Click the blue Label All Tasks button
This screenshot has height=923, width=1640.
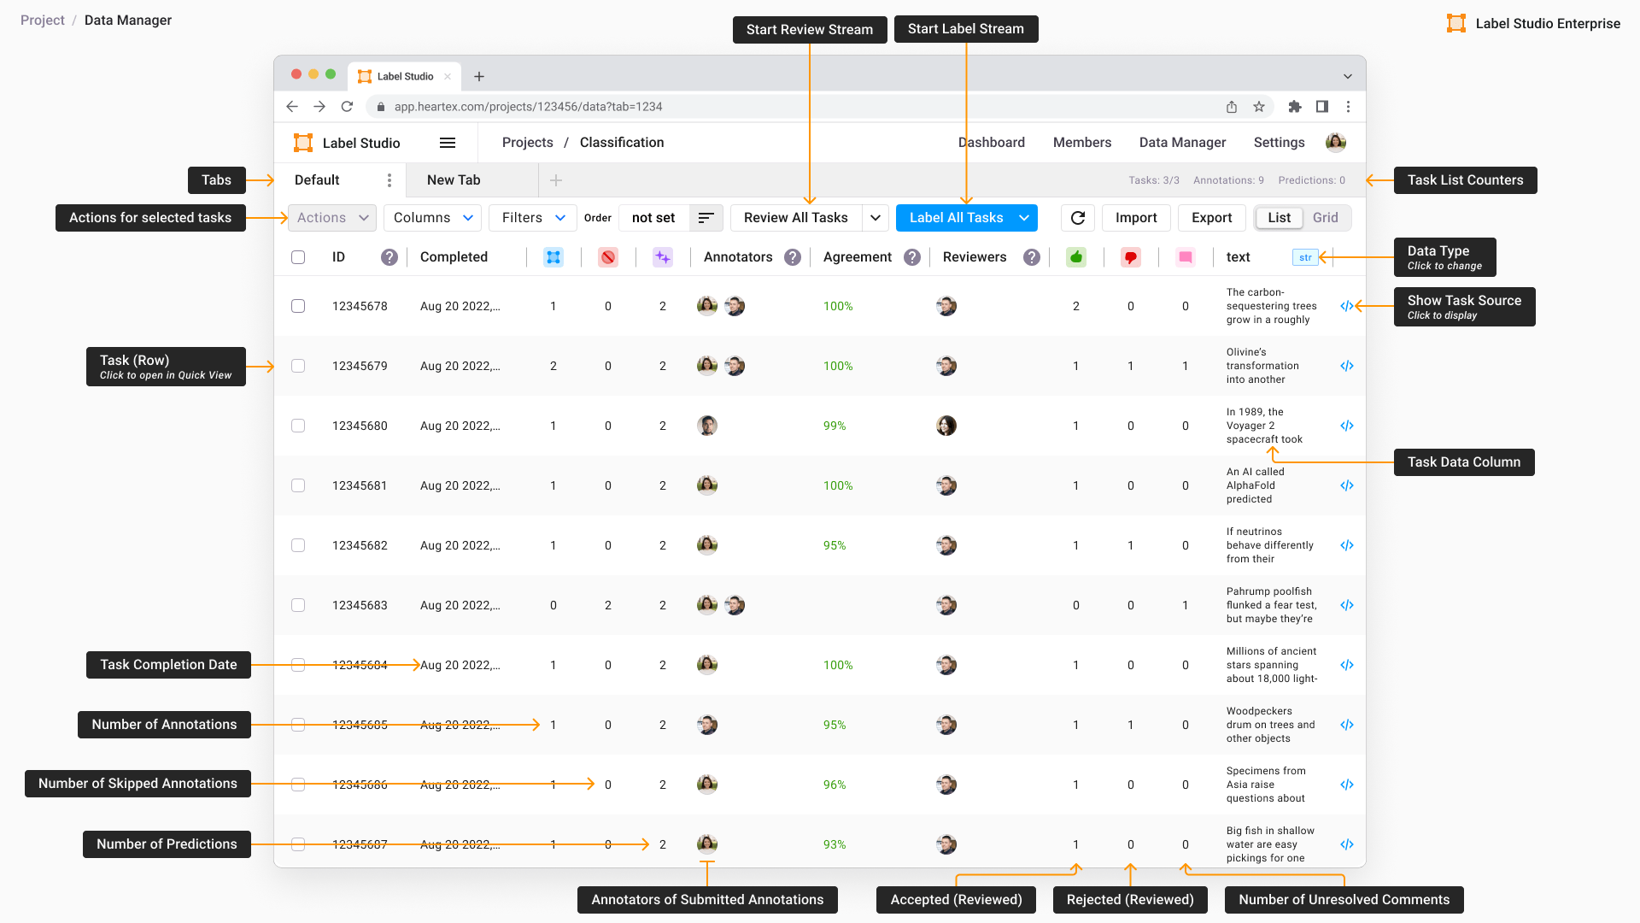coord(956,218)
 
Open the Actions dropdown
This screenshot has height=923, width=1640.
coord(331,218)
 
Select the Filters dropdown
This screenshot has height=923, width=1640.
coord(533,218)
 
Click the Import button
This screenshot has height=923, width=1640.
coord(1136,218)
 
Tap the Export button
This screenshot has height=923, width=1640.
coord(1211,218)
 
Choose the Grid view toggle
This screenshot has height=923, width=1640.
coord(1325,218)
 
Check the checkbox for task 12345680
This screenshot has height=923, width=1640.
coord(298,426)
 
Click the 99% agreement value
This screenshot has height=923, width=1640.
coord(835,426)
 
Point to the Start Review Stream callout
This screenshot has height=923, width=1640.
coord(809,30)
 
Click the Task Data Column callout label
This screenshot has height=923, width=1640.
coord(1463,462)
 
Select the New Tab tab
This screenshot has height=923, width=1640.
coord(454,180)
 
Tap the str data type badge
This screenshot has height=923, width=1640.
coord(1305,257)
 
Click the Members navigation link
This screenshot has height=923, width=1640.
coord(1081,143)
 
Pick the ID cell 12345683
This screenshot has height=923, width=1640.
coord(360,605)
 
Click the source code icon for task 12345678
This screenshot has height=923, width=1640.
coord(1347,306)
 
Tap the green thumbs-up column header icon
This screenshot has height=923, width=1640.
coord(1076,257)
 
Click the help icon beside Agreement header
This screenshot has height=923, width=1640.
coord(912,257)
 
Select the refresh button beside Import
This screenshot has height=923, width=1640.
coord(1078,218)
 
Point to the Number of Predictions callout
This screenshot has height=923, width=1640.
coord(167,844)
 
